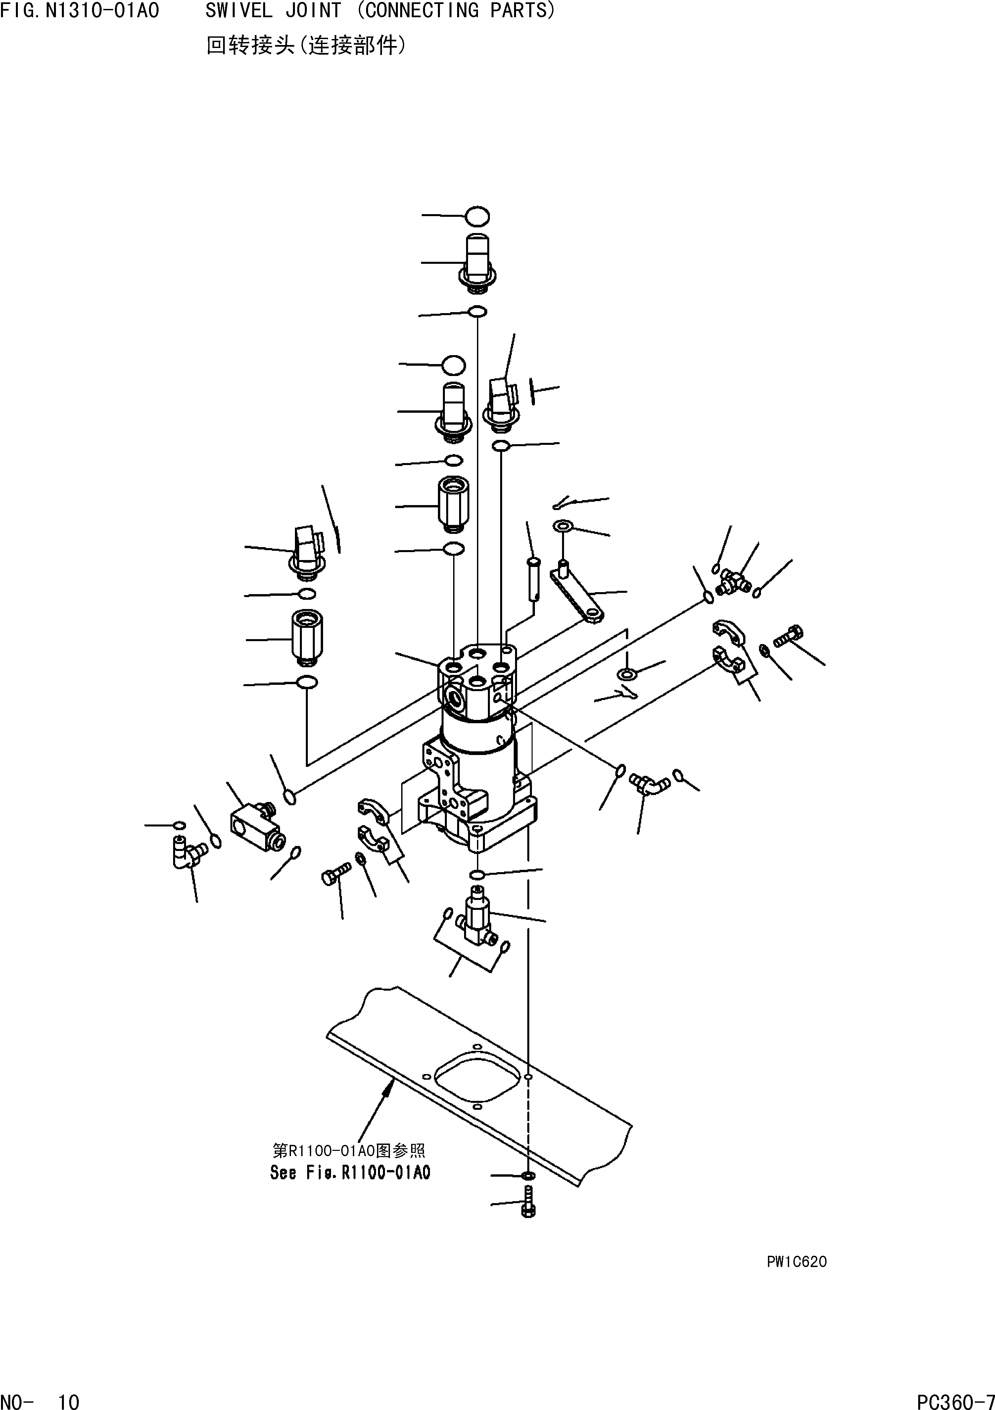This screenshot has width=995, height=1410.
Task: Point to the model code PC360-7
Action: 955,1398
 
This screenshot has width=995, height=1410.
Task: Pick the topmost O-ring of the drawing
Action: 477,216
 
